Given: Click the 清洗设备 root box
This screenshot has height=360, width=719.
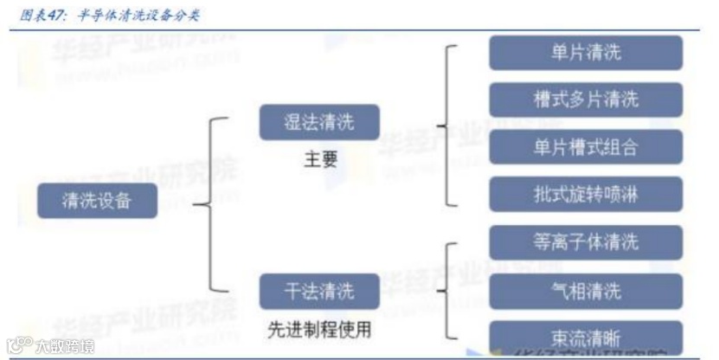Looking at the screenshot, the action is [96, 202].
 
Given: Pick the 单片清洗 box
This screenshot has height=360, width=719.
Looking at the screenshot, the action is [585, 53].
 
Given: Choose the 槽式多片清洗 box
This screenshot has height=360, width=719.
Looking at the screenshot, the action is [585, 100].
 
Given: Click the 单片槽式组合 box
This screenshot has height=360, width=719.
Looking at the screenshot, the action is [585, 147].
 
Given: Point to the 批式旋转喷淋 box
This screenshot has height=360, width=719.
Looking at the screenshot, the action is [585, 195].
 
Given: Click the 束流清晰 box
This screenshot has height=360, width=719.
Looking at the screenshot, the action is [585, 336].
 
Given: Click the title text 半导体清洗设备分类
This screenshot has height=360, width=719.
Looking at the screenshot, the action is [135, 16].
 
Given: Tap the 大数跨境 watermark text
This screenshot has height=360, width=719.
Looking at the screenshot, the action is [65, 347].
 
